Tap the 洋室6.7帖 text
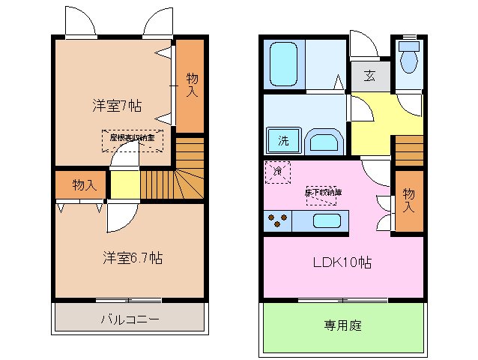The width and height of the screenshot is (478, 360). (133, 257)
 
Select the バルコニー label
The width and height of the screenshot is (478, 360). (130, 319)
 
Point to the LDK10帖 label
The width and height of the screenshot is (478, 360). (342, 262)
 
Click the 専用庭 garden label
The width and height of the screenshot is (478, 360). (343, 325)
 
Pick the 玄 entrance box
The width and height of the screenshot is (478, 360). (370, 76)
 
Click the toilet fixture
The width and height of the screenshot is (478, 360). (408, 58)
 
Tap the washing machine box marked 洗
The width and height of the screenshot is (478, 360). (283, 141)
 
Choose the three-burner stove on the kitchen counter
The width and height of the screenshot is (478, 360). (279, 221)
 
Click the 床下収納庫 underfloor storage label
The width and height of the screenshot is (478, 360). (323, 193)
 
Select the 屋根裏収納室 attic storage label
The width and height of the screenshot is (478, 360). (132, 138)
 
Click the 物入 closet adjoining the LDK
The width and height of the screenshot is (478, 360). (408, 200)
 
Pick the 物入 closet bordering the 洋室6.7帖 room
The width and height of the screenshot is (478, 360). (84, 185)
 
